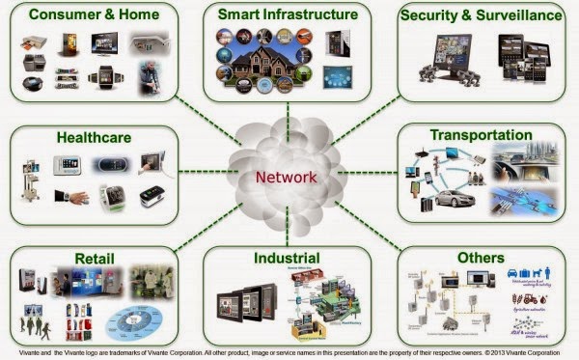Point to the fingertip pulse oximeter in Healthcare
[x=152, y=198]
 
